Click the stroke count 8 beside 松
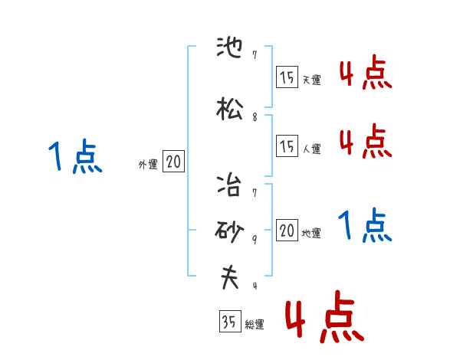point(255,117)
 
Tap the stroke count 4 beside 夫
point(255,286)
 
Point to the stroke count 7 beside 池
point(255,55)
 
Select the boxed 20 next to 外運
point(173,162)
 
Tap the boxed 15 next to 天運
point(287,77)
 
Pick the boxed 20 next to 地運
point(287,231)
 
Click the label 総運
point(255,325)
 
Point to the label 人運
point(311,149)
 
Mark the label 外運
point(148,164)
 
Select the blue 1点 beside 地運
point(366,226)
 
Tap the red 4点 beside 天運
point(366,73)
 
